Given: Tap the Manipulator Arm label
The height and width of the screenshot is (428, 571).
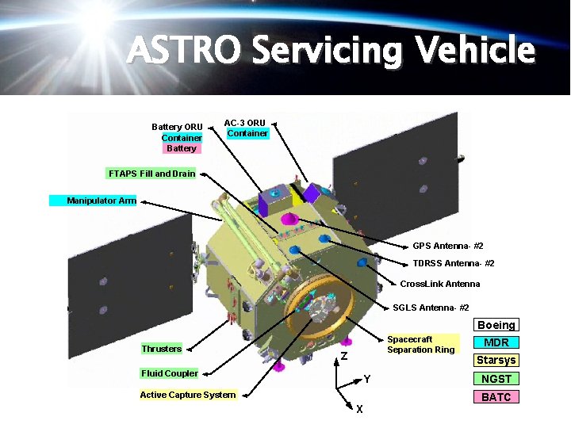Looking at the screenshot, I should point(101,201).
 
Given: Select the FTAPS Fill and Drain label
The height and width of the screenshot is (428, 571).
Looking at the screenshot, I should point(151,173).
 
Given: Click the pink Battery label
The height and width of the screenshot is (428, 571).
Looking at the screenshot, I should point(182,148).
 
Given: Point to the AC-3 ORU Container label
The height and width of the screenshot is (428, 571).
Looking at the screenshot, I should point(246,128).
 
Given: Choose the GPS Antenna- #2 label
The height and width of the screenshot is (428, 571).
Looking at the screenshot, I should point(447,246).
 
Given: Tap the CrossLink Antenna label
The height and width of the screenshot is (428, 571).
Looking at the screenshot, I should point(439,284).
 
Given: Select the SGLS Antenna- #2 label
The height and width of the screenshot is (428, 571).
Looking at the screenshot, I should point(431,308).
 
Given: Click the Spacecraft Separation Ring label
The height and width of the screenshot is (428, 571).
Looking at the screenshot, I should point(420,345).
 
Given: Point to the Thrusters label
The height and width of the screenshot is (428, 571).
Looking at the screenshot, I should point(161,349).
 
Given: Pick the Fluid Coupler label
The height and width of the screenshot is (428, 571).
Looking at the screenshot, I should point(169,373).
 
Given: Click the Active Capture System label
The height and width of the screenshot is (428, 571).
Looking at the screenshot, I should point(187,395).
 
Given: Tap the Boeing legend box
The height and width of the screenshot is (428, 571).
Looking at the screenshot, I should point(496,325).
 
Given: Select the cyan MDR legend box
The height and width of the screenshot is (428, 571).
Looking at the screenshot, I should point(496,342).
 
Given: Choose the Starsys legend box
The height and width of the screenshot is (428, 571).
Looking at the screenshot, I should point(496,360).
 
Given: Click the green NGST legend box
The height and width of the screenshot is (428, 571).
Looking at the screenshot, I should point(496,379).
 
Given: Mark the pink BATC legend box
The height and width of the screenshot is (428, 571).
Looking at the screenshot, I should point(496,397).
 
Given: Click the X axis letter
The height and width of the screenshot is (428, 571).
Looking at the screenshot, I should point(360,409).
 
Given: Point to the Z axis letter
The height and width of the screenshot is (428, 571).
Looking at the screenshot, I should point(344,356).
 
